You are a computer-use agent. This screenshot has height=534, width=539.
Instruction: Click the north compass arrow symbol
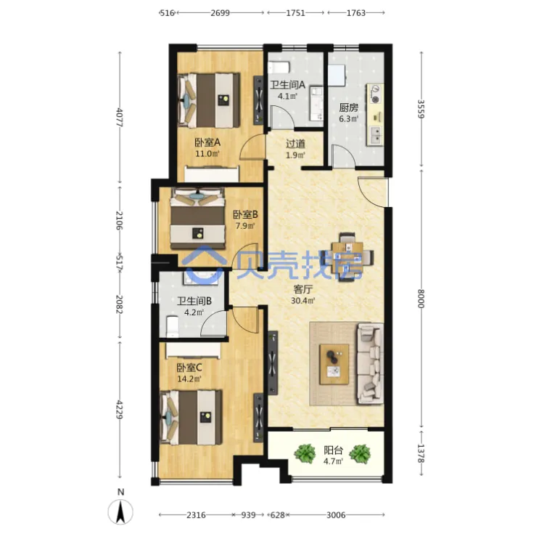[120, 512]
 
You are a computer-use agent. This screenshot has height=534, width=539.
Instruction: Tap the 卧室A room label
[207, 142]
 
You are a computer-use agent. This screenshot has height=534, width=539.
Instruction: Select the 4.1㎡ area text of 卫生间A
[287, 96]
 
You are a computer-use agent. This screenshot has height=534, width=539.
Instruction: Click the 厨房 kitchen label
[348, 108]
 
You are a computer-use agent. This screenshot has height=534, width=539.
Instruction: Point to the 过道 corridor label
[295, 144]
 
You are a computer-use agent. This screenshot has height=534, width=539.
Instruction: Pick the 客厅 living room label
[303, 289]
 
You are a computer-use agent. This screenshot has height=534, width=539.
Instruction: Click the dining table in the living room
[348, 257]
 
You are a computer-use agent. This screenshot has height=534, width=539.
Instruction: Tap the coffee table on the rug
[334, 364]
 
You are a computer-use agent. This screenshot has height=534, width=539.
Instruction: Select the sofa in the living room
[370, 363]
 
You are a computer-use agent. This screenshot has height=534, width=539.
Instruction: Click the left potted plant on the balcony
[305, 453]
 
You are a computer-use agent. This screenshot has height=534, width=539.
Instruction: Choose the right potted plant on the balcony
[360, 453]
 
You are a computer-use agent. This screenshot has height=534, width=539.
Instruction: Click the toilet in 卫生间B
[172, 326]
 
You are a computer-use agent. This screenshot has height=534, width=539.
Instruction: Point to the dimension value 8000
[421, 299]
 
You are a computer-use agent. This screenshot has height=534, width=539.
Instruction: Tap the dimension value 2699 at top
[220, 13]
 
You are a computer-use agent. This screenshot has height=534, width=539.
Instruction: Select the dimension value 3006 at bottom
[336, 515]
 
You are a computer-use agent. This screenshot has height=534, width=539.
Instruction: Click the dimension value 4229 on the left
[119, 409]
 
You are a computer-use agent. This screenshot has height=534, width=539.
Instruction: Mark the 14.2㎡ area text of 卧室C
[189, 379]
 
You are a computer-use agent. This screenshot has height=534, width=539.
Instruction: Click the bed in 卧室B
[197, 218]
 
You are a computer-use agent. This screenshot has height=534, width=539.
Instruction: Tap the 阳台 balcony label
[333, 450]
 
